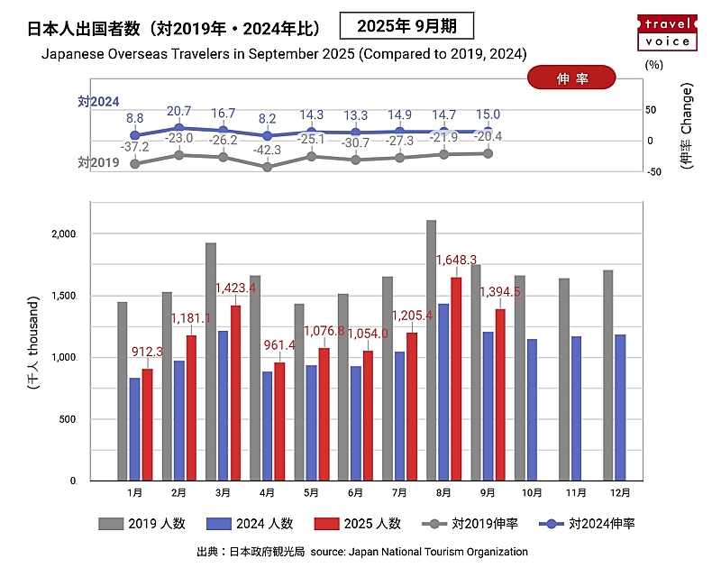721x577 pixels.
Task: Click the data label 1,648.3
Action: click(x=456, y=260)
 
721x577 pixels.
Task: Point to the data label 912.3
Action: click(x=146, y=352)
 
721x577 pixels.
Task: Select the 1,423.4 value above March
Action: click(x=235, y=288)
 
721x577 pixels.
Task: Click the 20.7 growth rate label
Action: click(x=178, y=111)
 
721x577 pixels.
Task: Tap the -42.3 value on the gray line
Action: click(x=266, y=150)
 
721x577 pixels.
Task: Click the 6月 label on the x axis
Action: click(x=356, y=494)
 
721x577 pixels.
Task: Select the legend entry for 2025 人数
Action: click(x=359, y=524)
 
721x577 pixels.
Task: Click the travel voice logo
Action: click(x=667, y=32)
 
